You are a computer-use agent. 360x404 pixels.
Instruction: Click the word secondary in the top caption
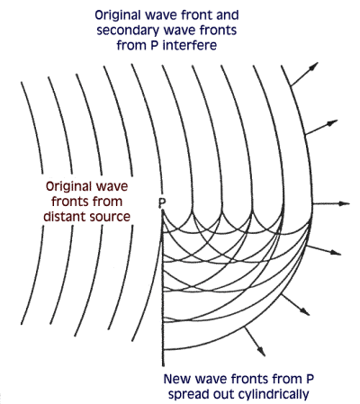127,31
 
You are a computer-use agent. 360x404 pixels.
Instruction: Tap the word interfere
190,46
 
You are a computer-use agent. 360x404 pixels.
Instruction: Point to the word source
108,218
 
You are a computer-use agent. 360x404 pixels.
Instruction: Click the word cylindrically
274,394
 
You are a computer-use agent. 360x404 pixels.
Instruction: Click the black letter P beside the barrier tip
162,203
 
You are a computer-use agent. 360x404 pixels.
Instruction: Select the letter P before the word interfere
155,46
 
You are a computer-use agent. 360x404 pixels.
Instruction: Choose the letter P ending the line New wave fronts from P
310,379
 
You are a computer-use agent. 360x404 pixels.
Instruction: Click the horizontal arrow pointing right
331,203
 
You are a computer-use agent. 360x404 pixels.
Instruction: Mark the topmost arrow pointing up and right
304,75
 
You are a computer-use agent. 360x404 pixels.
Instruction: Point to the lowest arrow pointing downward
255,342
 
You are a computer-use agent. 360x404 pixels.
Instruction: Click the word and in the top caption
228,15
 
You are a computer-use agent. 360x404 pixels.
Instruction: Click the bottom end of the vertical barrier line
163,366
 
